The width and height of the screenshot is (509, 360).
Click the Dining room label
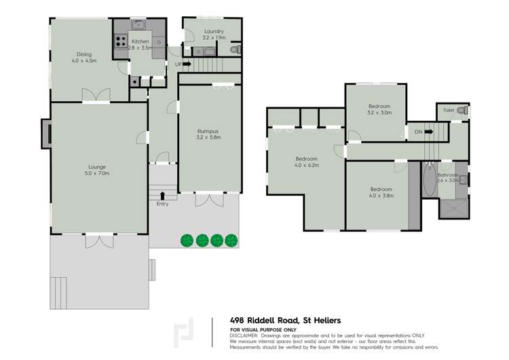[x=84, y=57]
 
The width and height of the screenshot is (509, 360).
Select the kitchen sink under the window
[x=140, y=26]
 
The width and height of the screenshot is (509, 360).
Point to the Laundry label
[x=214, y=35]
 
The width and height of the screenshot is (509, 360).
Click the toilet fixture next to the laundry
[x=234, y=50]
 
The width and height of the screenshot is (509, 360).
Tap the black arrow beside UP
[x=187, y=65]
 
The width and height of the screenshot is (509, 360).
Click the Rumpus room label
[x=208, y=134]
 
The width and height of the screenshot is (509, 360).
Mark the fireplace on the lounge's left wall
[x=45, y=133]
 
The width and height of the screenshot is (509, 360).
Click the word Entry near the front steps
[x=162, y=204]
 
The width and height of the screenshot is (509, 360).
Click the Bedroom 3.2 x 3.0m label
[x=379, y=109]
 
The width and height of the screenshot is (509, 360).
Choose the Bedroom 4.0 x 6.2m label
[x=306, y=161]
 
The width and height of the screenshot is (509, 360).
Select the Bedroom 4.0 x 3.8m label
[x=381, y=192]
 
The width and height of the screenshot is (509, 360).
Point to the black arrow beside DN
[x=428, y=132]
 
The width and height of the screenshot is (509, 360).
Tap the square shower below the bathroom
[x=453, y=207]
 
